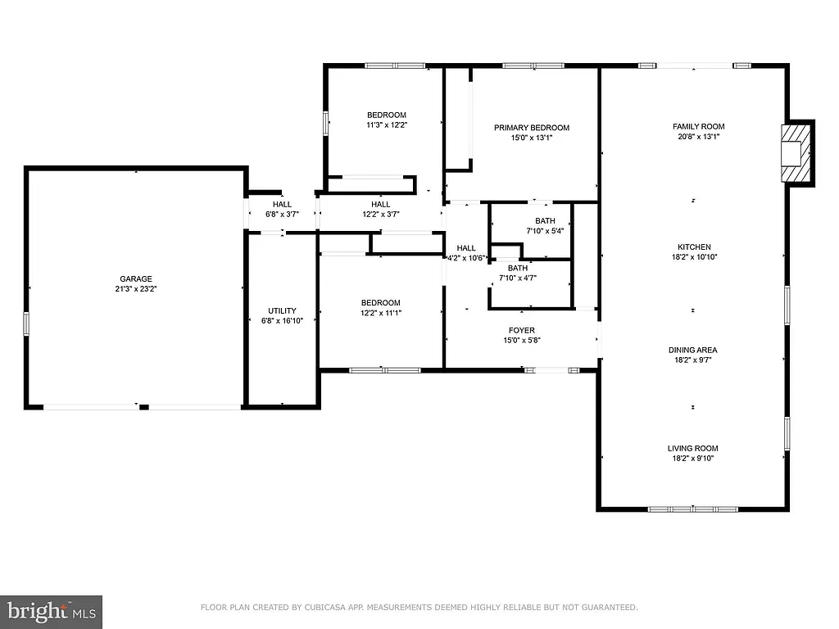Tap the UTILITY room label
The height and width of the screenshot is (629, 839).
pyautogui.click(x=282, y=310)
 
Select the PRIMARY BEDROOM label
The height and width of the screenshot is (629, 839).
pyautogui.click(x=531, y=128)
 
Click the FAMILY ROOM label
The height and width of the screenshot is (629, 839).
pyautogui.click(x=698, y=126)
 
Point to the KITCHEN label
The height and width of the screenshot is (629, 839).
pyautogui.click(x=693, y=247)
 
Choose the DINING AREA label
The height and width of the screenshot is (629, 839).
pyautogui.click(x=692, y=350)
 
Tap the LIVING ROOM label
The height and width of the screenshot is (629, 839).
pyautogui.click(x=692, y=448)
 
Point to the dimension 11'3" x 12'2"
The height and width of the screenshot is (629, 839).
pyautogui.click(x=387, y=125)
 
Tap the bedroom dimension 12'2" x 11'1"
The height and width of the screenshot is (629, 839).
pyautogui.click(x=381, y=313)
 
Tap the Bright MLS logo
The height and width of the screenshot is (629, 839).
pyautogui.click(x=51, y=610)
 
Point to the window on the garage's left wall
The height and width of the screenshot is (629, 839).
pyautogui.click(x=27, y=324)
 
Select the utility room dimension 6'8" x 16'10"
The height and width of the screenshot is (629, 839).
pyautogui.click(x=282, y=321)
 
